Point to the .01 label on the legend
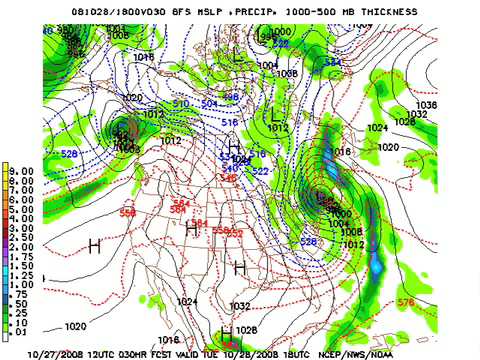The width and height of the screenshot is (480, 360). [x=21, y=334]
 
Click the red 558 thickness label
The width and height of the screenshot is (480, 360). [x=127, y=212]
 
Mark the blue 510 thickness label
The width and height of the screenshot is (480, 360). [x=181, y=103]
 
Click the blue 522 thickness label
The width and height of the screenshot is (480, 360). [x=259, y=171]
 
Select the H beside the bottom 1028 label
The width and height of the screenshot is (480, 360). [x=226, y=331]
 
